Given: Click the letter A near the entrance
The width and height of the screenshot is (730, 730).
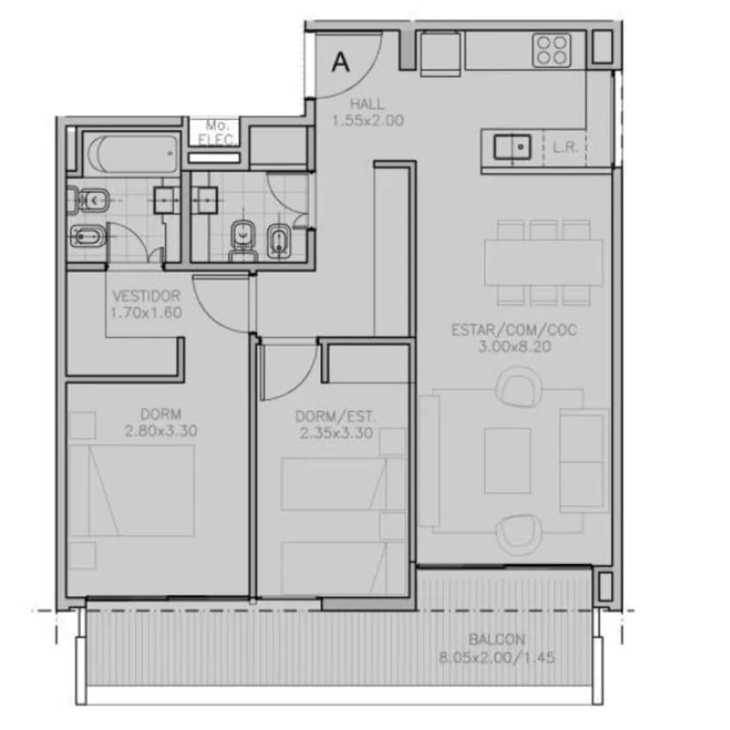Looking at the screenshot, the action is coord(341,62).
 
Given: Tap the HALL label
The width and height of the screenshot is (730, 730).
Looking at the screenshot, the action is coord(368,103).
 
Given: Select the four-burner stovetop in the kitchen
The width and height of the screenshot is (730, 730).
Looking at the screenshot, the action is coord(552,50).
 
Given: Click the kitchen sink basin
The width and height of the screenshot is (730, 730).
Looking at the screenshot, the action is coord(512,146).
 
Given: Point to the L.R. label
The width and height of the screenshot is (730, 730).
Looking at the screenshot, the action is coord(565,147).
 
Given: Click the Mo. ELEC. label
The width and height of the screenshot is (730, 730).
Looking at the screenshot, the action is coord(215,132).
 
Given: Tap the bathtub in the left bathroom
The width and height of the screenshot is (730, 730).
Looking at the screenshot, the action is coord(132,153).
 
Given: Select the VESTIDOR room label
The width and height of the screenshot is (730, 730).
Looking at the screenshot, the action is coord(146,295).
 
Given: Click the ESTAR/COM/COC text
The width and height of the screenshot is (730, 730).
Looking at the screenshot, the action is coord(515,330).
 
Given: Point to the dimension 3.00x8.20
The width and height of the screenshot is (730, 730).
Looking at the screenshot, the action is coord(515,346).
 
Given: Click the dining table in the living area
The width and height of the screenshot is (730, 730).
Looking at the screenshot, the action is coord(544,262).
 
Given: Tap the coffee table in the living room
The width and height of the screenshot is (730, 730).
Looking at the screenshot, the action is coord(508,460).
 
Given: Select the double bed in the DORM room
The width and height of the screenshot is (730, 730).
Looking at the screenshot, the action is coord(131,490).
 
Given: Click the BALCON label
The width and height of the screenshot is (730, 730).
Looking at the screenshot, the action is coord(496,639).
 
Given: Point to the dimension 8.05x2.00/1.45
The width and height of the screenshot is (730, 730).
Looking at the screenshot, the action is coord(496,658).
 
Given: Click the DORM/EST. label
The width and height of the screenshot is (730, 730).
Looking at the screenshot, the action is coord(335,416).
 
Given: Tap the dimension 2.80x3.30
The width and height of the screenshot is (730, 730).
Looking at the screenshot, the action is coord(160,430).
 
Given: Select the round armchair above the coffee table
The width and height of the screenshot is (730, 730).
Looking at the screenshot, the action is coord(518,386).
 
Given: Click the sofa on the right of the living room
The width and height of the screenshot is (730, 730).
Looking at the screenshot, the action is coord(585,460).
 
